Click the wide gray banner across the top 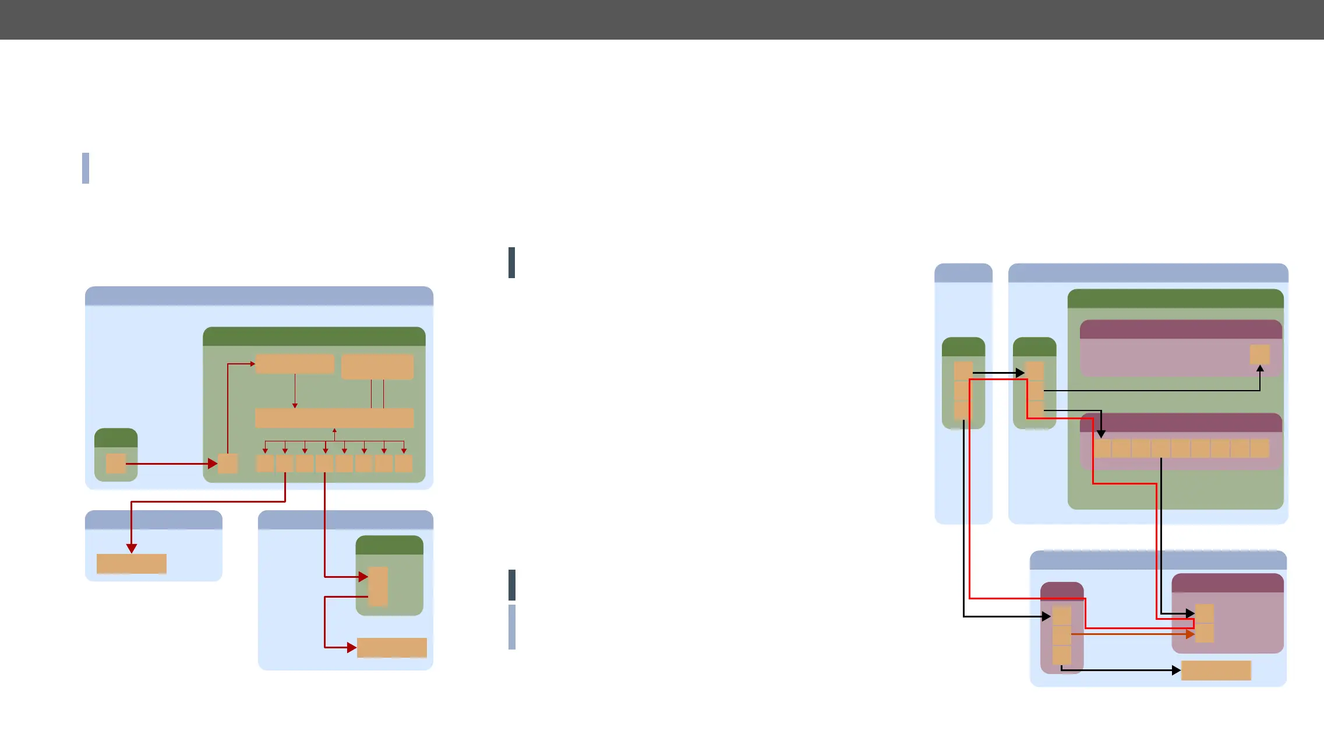(x=662, y=20)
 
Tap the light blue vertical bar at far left (x=86, y=168)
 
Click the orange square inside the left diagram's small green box (x=116, y=464)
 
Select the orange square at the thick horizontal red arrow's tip (x=228, y=464)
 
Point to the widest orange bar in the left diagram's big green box (x=334, y=418)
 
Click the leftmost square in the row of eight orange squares (x=265, y=464)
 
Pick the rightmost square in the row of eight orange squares (x=404, y=464)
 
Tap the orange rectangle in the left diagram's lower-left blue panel (x=132, y=564)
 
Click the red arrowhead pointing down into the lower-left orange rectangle (x=132, y=548)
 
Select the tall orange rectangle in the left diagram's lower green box (x=378, y=586)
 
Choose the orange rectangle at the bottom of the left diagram (x=391, y=648)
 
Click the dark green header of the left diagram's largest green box (x=314, y=336)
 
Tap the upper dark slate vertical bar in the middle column (x=511, y=262)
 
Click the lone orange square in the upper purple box (x=1259, y=355)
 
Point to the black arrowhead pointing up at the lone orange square (x=1260, y=369)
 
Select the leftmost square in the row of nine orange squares (x=1102, y=448)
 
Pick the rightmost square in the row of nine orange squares (x=1259, y=448)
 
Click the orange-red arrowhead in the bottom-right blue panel (x=1190, y=634)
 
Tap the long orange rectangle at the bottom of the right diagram (x=1216, y=671)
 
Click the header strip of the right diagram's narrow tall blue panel (x=963, y=273)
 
